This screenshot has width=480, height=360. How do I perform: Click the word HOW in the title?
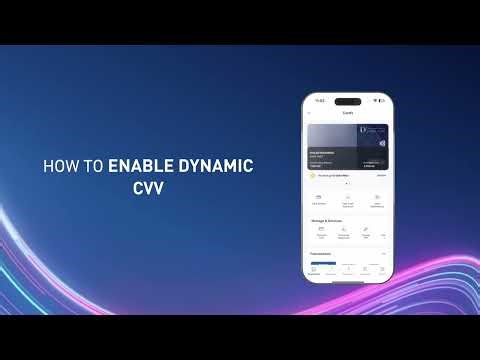(x=56, y=166)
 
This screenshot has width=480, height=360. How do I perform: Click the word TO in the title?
(x=91, y=166)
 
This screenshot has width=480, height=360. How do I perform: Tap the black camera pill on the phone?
(x=347, y=101)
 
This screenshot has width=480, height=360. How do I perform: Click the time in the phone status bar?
(x=320, y=101)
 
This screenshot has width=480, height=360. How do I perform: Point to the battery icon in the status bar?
(x=381, y=101)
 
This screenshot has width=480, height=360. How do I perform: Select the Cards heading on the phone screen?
(x=347, y=113)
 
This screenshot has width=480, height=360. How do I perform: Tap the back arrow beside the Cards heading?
(x=310, y=113)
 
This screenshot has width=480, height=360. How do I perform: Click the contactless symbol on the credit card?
(x=381, y=143)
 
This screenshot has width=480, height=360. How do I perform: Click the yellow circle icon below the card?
(x=313, y=175)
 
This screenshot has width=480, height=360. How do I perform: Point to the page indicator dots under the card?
(x=347, y=185)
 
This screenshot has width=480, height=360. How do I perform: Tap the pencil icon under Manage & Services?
(x=366, y=230)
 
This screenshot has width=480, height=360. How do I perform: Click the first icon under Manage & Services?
(x=321, y=230)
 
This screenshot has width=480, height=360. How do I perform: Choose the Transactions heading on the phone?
(x=322, y=253)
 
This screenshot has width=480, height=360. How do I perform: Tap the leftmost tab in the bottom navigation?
(x=315, y=269)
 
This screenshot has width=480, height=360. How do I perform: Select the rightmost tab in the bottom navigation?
(x=381, y=269)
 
